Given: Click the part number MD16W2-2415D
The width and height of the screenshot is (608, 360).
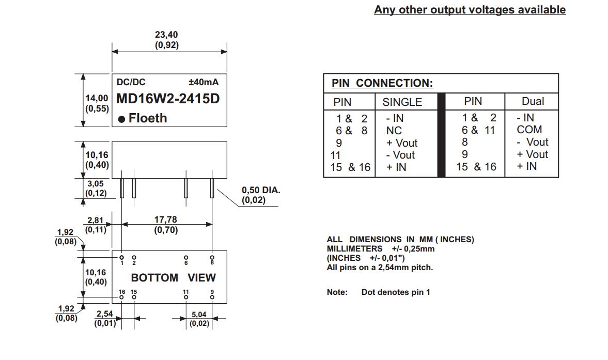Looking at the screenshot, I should pos(168,98).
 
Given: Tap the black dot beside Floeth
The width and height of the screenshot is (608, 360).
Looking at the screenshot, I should pos(122,119).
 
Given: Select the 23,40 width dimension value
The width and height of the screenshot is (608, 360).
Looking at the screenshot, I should pos(167,35).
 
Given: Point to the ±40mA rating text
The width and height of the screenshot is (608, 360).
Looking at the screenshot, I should pos(204,82).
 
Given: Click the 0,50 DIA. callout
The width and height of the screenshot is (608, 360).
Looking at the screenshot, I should pos(261,190).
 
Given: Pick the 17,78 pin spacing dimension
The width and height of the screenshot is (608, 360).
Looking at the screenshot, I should pos(166,220).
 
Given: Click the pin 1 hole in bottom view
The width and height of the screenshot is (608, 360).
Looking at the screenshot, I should pos(121,257).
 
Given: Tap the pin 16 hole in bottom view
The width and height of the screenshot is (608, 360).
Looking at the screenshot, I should pos(121,298).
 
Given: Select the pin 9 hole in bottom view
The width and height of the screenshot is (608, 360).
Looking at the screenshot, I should pos(212,298).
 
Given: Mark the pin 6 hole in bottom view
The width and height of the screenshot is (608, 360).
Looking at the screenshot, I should pos(186,257).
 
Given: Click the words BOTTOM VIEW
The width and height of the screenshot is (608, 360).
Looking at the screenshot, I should pos(173,278).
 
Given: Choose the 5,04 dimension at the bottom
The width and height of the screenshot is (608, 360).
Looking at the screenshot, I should pos(199,314).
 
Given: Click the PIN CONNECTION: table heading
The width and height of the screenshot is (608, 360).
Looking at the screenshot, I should pos(382,83).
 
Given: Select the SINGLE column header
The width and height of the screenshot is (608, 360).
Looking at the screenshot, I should pos(402,102).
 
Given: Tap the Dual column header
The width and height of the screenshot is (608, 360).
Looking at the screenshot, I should pos(533,101).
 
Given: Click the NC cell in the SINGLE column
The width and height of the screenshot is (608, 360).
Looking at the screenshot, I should pos(394,131).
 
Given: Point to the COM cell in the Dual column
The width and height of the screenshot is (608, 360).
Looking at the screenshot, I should pos(529,130).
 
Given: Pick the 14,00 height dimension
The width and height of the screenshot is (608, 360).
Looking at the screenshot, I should pos(97,98).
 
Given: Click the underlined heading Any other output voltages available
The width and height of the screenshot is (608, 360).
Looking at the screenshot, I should pos(470,10).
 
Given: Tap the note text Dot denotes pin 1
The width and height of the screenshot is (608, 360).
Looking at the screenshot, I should pos(396,292).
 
